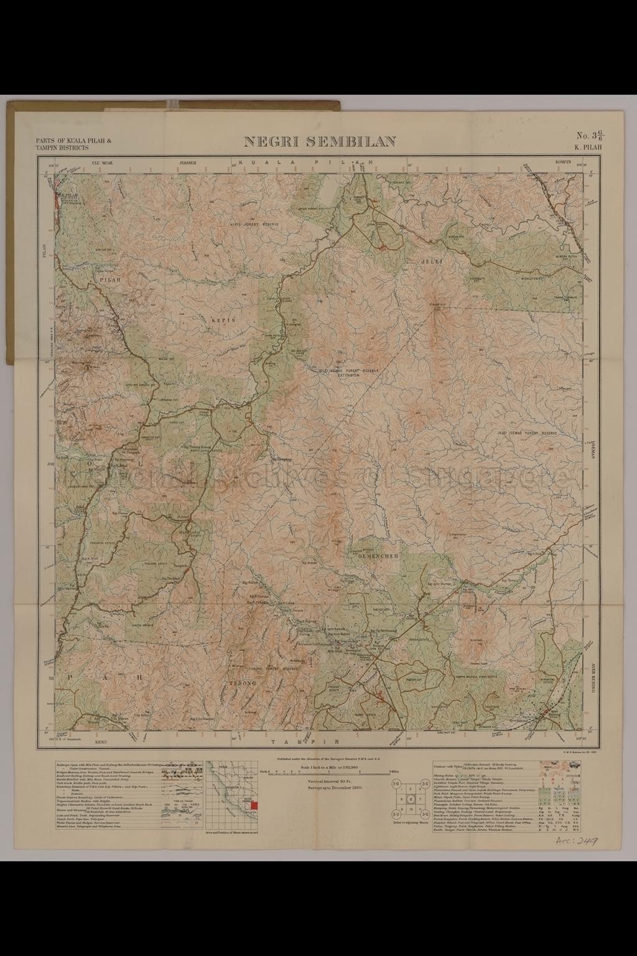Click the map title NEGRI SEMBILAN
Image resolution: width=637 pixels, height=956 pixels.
(319, 141)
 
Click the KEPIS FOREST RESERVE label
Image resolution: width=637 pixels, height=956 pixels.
(254, 222)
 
